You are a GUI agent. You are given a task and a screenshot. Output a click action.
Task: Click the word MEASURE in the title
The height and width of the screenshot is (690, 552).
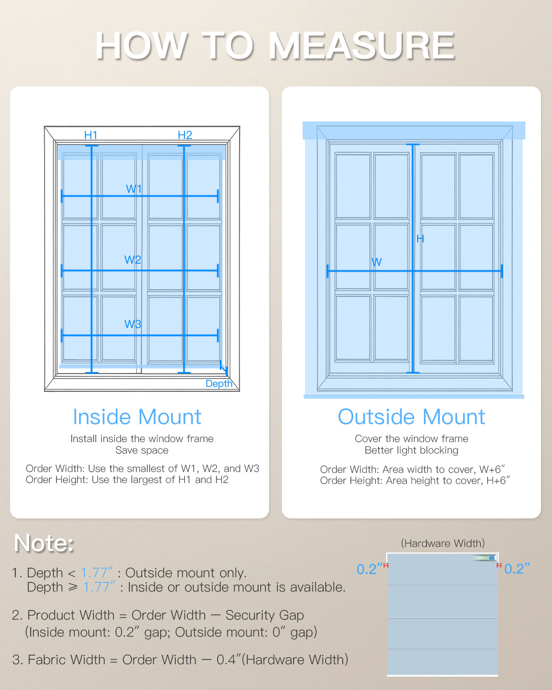point(362,46)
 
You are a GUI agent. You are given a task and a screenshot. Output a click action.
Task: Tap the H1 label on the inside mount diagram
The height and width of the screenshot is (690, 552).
point(91,135)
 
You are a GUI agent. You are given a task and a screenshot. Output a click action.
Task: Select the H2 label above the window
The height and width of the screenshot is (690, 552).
point(184,135)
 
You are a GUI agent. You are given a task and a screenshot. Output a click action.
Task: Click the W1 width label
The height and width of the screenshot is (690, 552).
point(134,189)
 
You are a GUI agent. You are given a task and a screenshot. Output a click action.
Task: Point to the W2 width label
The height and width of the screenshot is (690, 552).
point(132,259)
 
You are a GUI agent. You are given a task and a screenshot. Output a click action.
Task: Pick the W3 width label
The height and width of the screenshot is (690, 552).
point(132,324)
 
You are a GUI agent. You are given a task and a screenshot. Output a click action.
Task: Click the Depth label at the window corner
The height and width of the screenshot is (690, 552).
point(219,383)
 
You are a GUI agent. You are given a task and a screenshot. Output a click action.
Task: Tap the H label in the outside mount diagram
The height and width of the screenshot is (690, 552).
point(420,238)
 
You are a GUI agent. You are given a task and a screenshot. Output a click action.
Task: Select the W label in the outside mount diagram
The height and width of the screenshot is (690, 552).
point(376,262)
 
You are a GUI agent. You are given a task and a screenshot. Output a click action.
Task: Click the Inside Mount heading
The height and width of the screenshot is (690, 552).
point(137,417)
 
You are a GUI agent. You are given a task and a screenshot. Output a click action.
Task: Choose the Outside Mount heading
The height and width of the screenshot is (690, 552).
point(411,417)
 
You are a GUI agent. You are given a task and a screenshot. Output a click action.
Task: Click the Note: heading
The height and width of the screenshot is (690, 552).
point(44,543)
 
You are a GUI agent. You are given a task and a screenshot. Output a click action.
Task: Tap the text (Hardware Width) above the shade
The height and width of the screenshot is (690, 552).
point(443,543)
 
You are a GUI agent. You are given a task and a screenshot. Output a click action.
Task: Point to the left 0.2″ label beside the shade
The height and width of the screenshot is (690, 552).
point(369,569)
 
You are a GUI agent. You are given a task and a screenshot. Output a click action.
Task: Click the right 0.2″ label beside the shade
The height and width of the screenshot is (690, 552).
point(517,569)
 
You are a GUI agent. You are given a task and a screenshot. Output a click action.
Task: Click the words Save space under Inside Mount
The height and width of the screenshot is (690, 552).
point(142,450)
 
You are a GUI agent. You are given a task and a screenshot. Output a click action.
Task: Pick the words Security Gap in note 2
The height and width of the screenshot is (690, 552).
point(264,615)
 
